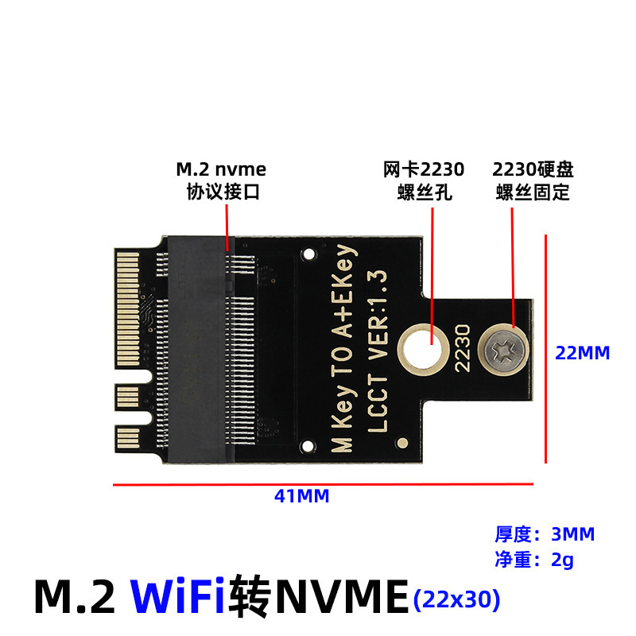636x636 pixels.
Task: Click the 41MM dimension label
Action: (301, 496)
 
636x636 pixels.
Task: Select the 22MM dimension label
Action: (582, 351)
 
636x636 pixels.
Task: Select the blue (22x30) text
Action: (457, 598)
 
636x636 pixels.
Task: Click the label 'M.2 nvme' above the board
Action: (221, 169)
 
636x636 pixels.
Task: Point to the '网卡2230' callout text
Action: (424, 169)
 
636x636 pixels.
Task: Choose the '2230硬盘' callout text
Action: (533, 169)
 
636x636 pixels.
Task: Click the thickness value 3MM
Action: (572, 534)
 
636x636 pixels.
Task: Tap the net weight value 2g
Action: (562, 560)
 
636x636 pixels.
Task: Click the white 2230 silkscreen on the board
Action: (463, 348)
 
